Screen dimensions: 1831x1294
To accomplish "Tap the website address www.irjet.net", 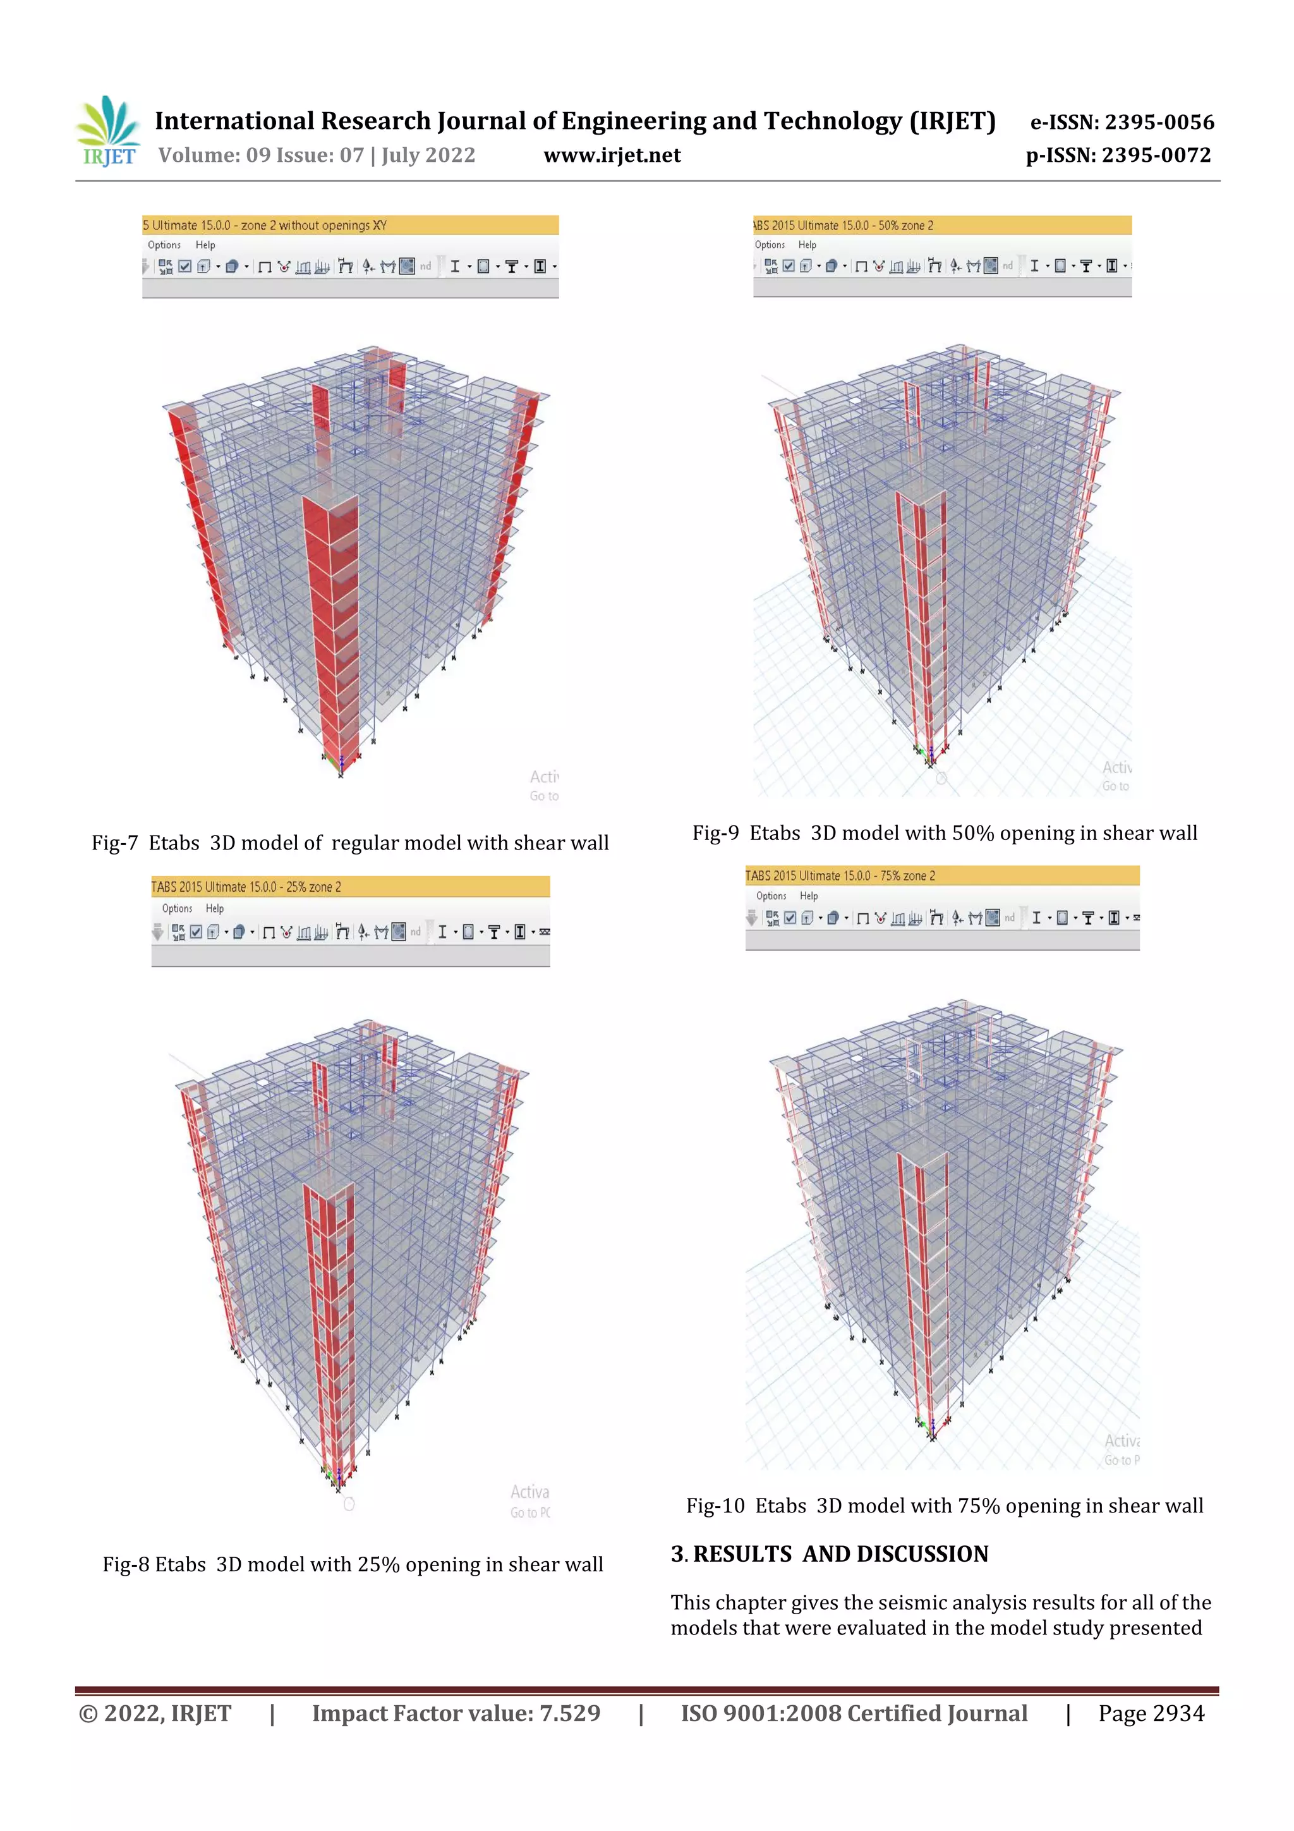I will [x=612, y=155].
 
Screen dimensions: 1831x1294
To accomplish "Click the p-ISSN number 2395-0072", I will [x=1156, y=155].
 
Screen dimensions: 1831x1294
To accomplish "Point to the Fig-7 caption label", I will [x=115, y=843].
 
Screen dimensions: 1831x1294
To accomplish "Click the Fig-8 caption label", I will [x=126, y=1565].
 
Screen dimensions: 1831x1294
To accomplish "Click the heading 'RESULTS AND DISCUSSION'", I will [x=840, y=1554].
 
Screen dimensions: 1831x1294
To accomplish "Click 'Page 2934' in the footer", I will [x=1151, y=1714].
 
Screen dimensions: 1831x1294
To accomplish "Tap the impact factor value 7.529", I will [x=569, y=1714].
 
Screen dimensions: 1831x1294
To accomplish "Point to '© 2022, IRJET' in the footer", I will [x=155, y=1714].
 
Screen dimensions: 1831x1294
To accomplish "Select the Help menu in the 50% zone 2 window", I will [x=807, y=245].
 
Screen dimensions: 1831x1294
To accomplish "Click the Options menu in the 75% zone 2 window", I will [x=771, y=896].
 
